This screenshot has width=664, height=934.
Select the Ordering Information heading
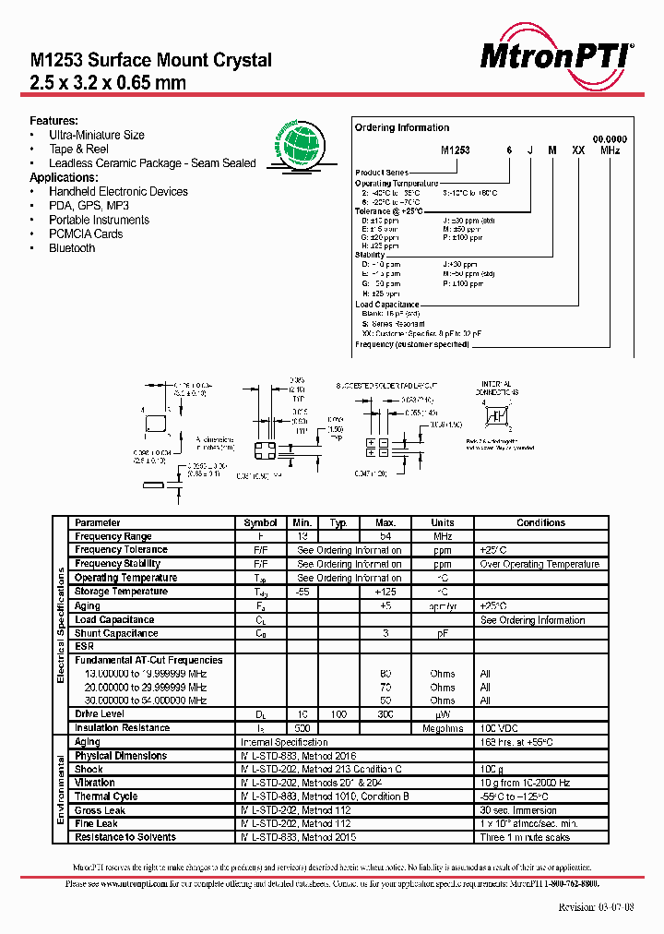click(x=402, y=127)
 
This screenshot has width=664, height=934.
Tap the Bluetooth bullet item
click(x=72, y=248)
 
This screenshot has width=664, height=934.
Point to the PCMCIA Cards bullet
click(x=86, y=234)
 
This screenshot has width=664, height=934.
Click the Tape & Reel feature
click(x=79, y=149)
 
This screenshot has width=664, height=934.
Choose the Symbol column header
click(x=260, y=522)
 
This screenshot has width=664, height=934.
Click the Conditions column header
click(x=540, y=522)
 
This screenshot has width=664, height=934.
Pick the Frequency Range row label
click(x=113, y=536)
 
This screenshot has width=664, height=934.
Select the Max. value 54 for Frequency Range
click(x=385, y=536)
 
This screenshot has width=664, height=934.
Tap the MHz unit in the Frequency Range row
click(x=443, y=536)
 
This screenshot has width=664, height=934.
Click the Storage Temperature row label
click(x=121, y=592)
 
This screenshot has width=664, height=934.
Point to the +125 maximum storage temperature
click(x=385, y=592)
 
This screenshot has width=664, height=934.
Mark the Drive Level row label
click(x=101, y=714)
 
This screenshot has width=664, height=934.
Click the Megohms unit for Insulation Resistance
click(x=443, y=728)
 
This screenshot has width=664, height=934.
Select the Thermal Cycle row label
click(x=106, y=796)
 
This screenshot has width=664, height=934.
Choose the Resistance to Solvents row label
click(x=125, y=837)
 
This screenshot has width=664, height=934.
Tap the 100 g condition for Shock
click(x=492, y=769)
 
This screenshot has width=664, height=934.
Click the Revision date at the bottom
click(x=596, y=907)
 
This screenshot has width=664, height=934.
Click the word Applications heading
click(x=63, y=177)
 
